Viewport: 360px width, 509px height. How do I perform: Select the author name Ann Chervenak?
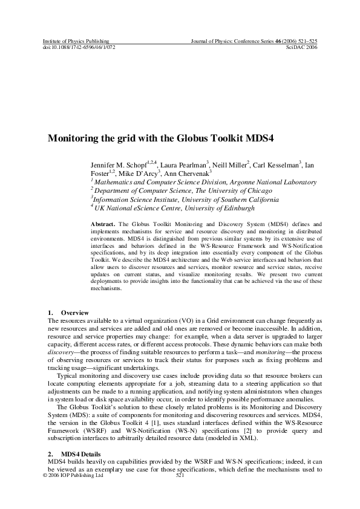point(186,173)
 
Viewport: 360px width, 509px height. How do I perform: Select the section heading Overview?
point(75,312)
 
